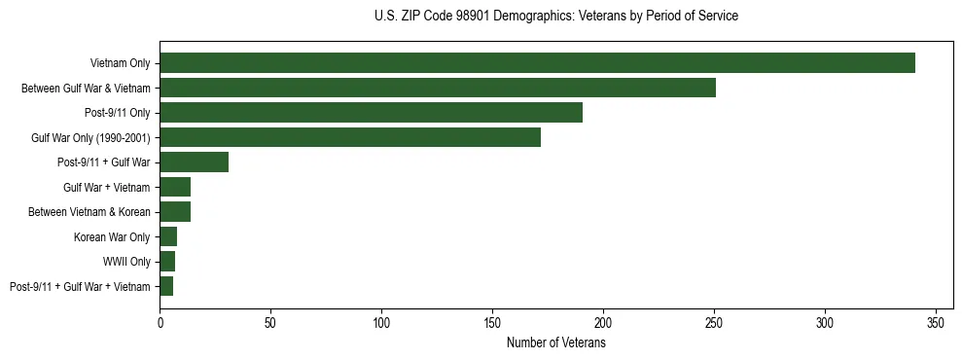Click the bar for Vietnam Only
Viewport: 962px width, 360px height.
point(537,63)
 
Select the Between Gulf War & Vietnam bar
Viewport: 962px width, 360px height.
point(438,88)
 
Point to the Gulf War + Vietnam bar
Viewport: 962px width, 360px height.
point(175,187)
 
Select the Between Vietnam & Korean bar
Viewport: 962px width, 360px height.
point(175,212)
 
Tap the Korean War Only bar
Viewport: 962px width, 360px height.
point(168,236)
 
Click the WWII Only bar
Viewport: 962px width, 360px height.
point(167,262)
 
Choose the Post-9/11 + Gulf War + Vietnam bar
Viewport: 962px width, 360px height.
point(166,286)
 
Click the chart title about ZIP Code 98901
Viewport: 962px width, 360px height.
point(555,17)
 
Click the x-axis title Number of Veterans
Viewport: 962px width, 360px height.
point(555,343)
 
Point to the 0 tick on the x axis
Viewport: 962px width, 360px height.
point(160,322)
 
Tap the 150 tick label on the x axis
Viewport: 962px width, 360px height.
point(492,322)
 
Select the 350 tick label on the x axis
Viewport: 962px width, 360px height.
point(936,322)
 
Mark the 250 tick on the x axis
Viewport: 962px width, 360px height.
point(714,322)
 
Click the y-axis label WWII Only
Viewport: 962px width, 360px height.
point(126,262)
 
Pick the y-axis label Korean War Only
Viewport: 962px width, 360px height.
point(112,237)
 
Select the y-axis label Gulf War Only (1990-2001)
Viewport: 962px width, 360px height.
point(90,138)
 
